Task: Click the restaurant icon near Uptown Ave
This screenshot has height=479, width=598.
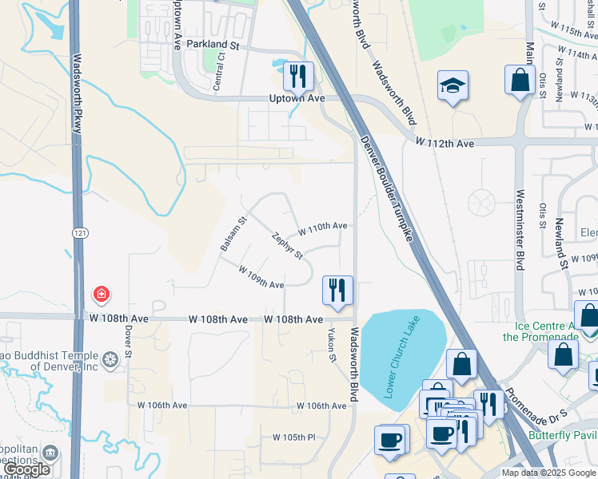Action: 298,77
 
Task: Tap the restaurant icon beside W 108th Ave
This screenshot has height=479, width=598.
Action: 337,289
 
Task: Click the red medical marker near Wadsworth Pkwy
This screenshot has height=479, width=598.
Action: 102,294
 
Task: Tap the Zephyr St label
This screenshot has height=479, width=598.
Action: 287,246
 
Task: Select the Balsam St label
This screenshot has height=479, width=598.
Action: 233,234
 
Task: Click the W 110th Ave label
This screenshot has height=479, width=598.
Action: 323,227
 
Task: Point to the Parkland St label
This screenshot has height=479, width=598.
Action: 213,46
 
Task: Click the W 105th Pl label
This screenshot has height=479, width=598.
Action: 294,437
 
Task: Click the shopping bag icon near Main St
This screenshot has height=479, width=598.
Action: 520,80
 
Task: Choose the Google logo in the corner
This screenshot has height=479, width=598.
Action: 26,469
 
